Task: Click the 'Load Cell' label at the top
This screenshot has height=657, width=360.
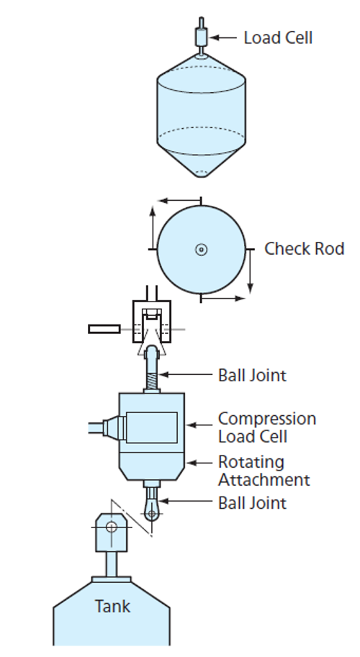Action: (278, 37)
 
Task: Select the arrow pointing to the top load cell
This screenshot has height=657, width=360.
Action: (223, 37)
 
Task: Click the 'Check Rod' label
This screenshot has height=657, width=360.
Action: (305, 248)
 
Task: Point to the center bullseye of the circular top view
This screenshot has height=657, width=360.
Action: (202, 250)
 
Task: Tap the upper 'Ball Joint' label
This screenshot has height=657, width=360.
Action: (252, 375)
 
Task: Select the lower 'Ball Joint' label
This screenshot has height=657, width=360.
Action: (252, 503)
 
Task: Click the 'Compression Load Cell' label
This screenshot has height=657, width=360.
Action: (267, 427)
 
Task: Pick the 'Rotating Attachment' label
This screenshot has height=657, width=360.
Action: (264, 471)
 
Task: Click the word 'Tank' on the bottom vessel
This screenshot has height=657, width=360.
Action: (112, 607)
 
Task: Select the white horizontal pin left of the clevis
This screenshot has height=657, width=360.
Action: (104, 330)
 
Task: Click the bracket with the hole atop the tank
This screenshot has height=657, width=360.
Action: (112, 532)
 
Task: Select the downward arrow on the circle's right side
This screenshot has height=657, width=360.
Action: (250, 271)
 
